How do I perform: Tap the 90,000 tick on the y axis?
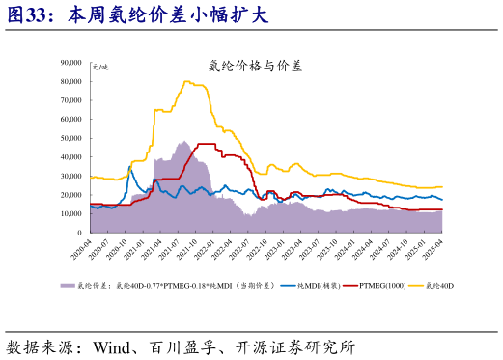[x=70, y=63]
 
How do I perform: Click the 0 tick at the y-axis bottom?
[x=78, y=233]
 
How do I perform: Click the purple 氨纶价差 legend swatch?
[x=68, y=286]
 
